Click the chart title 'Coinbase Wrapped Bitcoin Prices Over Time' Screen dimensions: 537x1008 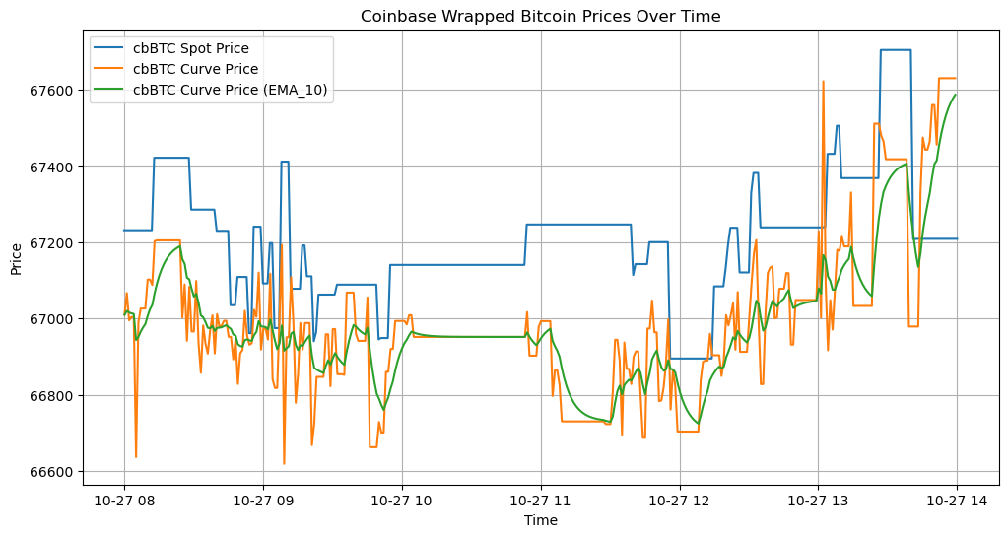pyautogui.click(x=540, y=16)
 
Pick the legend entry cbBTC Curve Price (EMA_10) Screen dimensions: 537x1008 pyautogui.click(x=231, y=91)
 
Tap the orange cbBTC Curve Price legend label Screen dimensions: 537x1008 pyautogui.click(x=195, y=70)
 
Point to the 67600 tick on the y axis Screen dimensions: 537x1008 pyautogui.click(x=54, y=91)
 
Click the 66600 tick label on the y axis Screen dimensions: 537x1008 pyautogui.click(x=54, y=472)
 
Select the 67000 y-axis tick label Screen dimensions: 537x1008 pyautogui.click(x=54, y=319)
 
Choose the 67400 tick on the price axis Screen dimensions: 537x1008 pyautogui.click(x=54, y=167)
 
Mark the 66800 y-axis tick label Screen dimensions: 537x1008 pyautogui.click(x=54, y=396)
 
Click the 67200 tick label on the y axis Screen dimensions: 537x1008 pyautogui.click(x=54, y=243)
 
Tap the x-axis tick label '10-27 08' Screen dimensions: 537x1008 pyautogui.click(x=124, y=501)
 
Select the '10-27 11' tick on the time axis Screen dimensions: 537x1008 pyautogui.click(x=541, y=501)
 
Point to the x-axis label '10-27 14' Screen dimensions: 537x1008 pyautogui.click(x=957, y=501)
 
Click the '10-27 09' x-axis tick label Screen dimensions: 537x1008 pyautogui.click(x=263, y=501)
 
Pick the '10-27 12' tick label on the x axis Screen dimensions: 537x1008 pyautogui.click(x=680, y=501)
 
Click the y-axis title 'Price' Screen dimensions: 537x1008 pyautogui.click(x=16, y=259)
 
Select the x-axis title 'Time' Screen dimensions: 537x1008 pyautogui.click(x=540, y=520)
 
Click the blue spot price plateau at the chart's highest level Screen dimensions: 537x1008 pyautogui.click(x=895, y=50)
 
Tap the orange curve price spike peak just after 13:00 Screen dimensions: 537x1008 pyautogui.click(x=823, y=81)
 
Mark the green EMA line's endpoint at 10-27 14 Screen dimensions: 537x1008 pyautogui.click(x=957, y=95)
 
